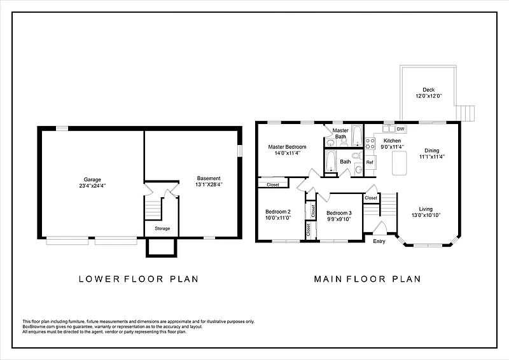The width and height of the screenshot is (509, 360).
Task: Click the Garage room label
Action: point(92,179)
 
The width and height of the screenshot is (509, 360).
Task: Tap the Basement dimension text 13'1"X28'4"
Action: point(209,184)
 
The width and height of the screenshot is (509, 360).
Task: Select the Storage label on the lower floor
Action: point(162,228)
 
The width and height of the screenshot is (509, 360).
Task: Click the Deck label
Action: point(428,90)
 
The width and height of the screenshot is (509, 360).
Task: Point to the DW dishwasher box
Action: point(401,129)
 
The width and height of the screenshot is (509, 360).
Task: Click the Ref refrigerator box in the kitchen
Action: point(370,162)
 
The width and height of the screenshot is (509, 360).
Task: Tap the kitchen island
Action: point(400,163)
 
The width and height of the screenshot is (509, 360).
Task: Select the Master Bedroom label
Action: point(287,147)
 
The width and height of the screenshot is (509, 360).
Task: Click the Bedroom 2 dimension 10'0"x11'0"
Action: point(278,218)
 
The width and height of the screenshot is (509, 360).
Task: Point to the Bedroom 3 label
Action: point(339,213)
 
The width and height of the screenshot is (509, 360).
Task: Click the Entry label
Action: point(379,241)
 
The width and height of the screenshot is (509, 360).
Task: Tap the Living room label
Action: point(426,209)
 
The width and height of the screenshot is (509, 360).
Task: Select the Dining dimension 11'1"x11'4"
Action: point(432,156)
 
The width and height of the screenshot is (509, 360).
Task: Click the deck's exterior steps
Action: point(466,113)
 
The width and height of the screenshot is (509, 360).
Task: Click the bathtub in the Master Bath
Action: point(357,135)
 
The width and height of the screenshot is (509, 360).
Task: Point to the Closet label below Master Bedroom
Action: point(273,184)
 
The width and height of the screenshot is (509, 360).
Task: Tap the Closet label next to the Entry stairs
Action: point(371,198)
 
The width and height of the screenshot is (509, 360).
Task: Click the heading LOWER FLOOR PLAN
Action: point(139,279)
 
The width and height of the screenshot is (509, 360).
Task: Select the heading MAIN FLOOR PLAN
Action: point(368,279)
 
